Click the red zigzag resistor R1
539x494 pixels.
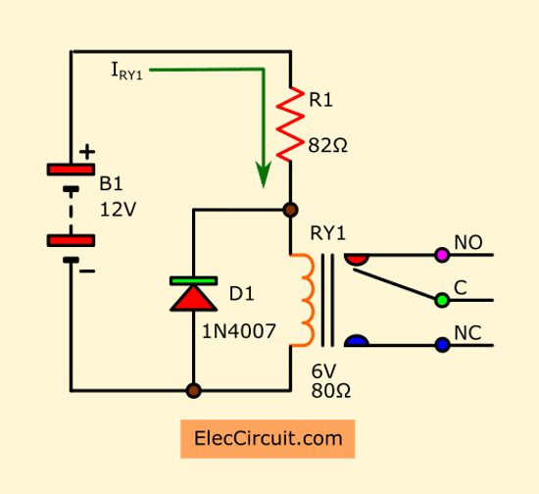click(x=290, y=124)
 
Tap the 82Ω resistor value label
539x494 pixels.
click(x=327, y=145)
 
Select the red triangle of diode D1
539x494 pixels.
click(x=193, y=298)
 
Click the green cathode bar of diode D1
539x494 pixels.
click(x=193, y=281)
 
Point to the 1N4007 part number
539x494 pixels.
click(x=238, y=331)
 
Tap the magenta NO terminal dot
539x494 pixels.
click(x=442, y=255)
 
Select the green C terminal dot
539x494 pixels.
click(x=442, y=301)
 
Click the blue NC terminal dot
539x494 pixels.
click(x=442, y=345)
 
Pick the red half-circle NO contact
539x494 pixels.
click(x=357, y=260)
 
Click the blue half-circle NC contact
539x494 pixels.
click(x=357, y=340)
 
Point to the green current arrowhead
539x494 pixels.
click(x=264, y=174)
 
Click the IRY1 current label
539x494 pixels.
click(x=126, y=71)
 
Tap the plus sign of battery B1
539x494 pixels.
click(x=87, y=152)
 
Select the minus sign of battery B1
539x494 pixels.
click(x=87, y=272)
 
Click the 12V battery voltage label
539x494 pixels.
click(x=118, y=210)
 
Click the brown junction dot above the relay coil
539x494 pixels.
click(x=290, y=210)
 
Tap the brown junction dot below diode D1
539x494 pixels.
click(x=193, y=391)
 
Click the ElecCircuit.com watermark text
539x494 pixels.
click(x=269, y=439)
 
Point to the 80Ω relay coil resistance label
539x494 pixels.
click(x=330, y=391)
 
